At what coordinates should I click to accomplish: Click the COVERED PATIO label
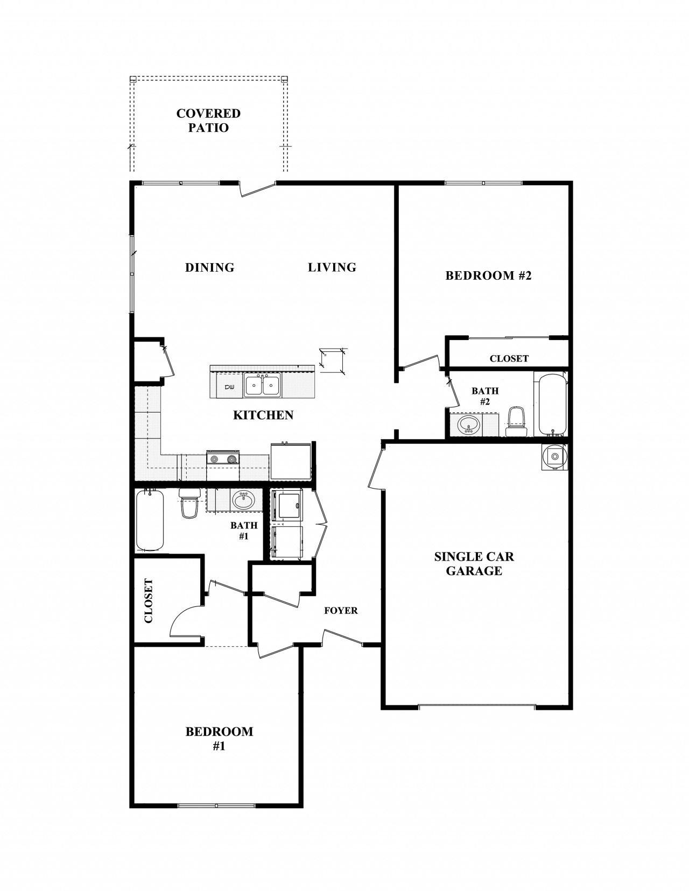[208, 121]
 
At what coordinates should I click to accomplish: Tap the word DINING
[209, 267]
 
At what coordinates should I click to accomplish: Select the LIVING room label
[332, 267]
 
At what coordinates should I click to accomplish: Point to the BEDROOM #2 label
[488, 275]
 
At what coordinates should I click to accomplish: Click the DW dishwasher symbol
[229, 387]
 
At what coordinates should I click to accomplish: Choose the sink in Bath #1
[243, 500]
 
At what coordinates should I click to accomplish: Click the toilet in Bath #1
[189, 504]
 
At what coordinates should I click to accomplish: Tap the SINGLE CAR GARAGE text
[474, 564]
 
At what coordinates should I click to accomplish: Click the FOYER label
[341, 611]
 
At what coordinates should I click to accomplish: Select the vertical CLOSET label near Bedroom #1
[149, 600]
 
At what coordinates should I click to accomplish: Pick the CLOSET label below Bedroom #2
[509, 358]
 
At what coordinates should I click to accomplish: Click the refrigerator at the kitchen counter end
[291, 461]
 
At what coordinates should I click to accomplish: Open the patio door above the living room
[257, 189]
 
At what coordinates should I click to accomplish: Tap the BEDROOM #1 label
[219, 738]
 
